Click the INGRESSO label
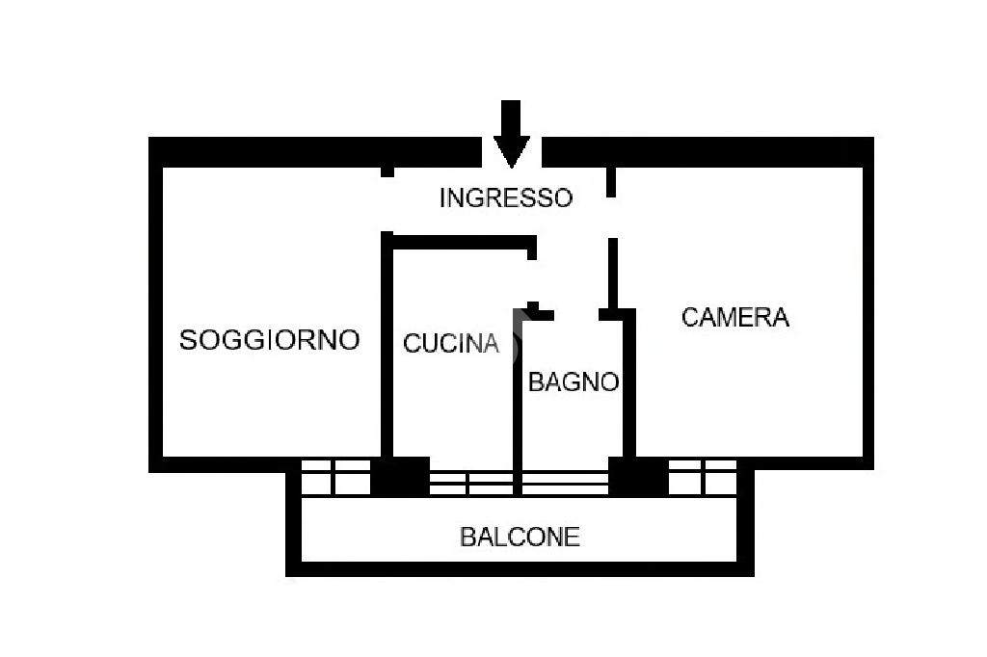click(x=505, y=197)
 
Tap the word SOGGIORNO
click(x=269, y=339)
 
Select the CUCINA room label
click(x=450, y=342)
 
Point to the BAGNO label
click(x=573, y=381)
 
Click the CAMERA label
click(x=734, y=317)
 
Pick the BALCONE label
click(x=520, y=537)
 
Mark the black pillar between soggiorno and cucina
click(x=400, y=476)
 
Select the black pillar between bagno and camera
click(x=638, y=476)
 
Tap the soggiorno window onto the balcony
click(x=335, y=476)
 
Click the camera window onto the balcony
click(x=703, y=476)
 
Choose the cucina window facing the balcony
click(x=471, y=482)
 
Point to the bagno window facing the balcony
click(x=565, y=482)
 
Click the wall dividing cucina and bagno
click(x=518, y=405)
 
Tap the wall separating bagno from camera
click(x=629, y=385)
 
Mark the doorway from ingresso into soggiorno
click(x=387, y=204)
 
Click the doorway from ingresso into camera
click(x=611, y=218)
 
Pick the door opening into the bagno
click(x=576, y=314)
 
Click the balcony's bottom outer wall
click(x=520, y=568)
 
